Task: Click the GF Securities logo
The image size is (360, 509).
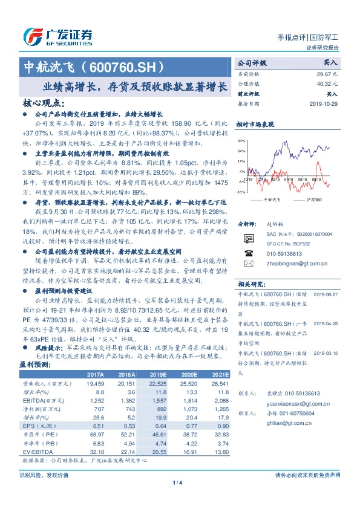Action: pos(57,36)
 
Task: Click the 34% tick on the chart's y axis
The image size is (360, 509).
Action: pos(241,140)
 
